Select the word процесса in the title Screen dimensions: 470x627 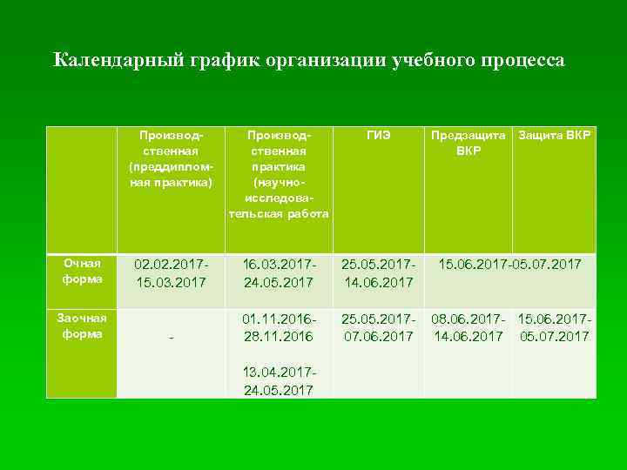520,60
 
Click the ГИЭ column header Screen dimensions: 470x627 379,136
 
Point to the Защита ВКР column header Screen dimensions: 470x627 554,136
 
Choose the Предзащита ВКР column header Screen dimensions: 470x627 468,143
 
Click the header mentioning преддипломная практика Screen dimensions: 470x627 172,157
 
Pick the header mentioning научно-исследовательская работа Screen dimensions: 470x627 279,174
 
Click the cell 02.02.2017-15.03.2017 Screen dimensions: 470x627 171,272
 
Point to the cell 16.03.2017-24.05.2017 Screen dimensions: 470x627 279,272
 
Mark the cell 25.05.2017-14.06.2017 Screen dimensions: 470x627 379,272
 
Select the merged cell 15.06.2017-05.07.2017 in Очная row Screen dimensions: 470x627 509,263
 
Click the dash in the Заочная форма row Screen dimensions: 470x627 171,338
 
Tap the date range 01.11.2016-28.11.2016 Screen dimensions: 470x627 279,326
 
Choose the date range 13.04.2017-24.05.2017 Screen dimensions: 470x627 279,380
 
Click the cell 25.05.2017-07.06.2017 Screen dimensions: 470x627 379,326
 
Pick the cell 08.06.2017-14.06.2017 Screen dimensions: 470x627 469,326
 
